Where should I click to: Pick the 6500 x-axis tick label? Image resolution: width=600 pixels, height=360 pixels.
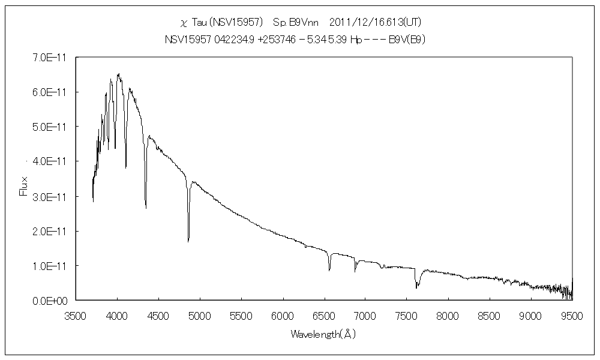(323, 313)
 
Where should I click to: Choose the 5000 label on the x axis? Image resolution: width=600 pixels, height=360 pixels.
(199, 313)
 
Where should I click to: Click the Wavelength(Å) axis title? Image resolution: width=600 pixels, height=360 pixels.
(323, 334)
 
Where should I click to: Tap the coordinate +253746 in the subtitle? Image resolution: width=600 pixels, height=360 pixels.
(278, 39)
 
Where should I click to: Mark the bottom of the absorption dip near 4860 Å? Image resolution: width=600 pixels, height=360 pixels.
(188, 241)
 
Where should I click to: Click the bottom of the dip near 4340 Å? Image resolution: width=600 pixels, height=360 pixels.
(146, 208)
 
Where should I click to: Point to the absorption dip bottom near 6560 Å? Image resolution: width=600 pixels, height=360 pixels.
(329, 271)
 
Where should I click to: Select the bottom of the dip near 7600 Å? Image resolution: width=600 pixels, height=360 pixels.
(416, 287)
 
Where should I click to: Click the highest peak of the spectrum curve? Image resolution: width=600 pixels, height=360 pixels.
(119, 74)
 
